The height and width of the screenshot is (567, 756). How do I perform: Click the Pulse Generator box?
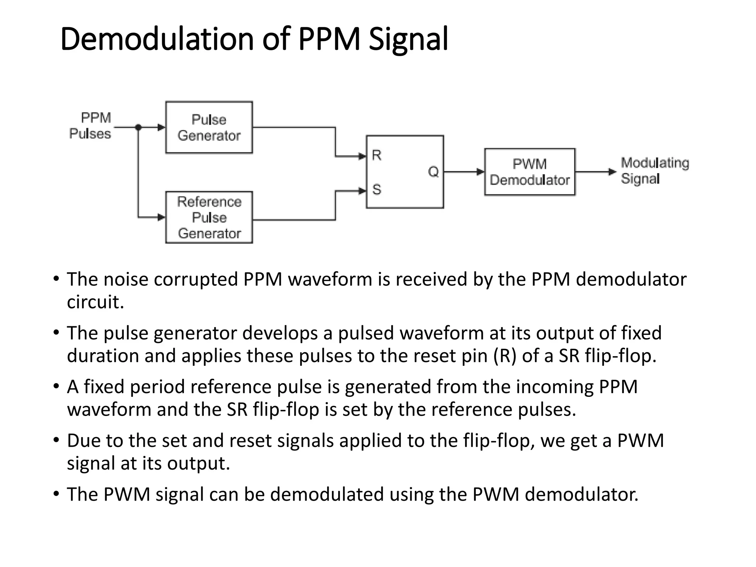(x=209, y=127)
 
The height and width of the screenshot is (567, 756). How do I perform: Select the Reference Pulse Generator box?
(x=209, y=217)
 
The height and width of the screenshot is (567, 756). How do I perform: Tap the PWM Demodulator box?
(x=530, y=172)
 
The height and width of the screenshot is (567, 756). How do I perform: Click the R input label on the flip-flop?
(x=377, y=155)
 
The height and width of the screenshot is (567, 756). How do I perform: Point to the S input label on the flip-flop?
(x=377, y=190)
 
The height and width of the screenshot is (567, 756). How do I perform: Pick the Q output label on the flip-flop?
(x=433, y=172)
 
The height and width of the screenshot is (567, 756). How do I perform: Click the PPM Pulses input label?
(x=91, y=126)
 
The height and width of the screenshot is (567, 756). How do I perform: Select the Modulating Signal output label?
(x=654, y=171)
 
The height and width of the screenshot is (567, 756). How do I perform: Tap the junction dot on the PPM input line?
(x=138, y=128)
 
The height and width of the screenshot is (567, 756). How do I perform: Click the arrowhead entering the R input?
(x=362, y=157)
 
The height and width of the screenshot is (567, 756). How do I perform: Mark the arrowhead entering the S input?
(x=362, y=191)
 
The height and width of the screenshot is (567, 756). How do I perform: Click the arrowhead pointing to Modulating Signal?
(x=612, y=172)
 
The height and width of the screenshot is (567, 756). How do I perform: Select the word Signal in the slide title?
(x=408, y=39)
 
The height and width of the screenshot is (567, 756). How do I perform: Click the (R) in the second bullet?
(x=505, y=356)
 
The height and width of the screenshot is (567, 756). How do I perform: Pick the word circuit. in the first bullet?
(x=95, y=302)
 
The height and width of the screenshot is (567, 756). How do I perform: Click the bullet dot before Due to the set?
(x=56, y=440)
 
